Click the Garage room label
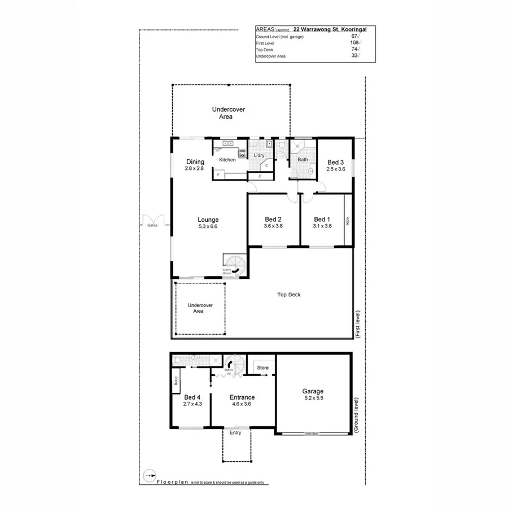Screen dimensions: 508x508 (313, 391)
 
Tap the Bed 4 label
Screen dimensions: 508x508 (192, 397)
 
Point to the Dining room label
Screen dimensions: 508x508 (195, 162)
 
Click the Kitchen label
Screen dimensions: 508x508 (227, 160)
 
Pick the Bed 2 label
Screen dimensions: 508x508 (273, 219)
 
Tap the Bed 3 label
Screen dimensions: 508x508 (335, 163)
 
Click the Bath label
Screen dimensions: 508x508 (303, 160)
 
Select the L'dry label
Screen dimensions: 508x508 (259, 155)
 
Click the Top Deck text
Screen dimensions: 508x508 (288, 294)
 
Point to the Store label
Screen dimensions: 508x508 (263, 368)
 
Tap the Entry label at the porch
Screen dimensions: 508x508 (235, 432)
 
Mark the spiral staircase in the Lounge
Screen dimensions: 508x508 (234, 265)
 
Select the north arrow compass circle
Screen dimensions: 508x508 (148, 475)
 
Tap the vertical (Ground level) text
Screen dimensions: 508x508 (356, 414)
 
